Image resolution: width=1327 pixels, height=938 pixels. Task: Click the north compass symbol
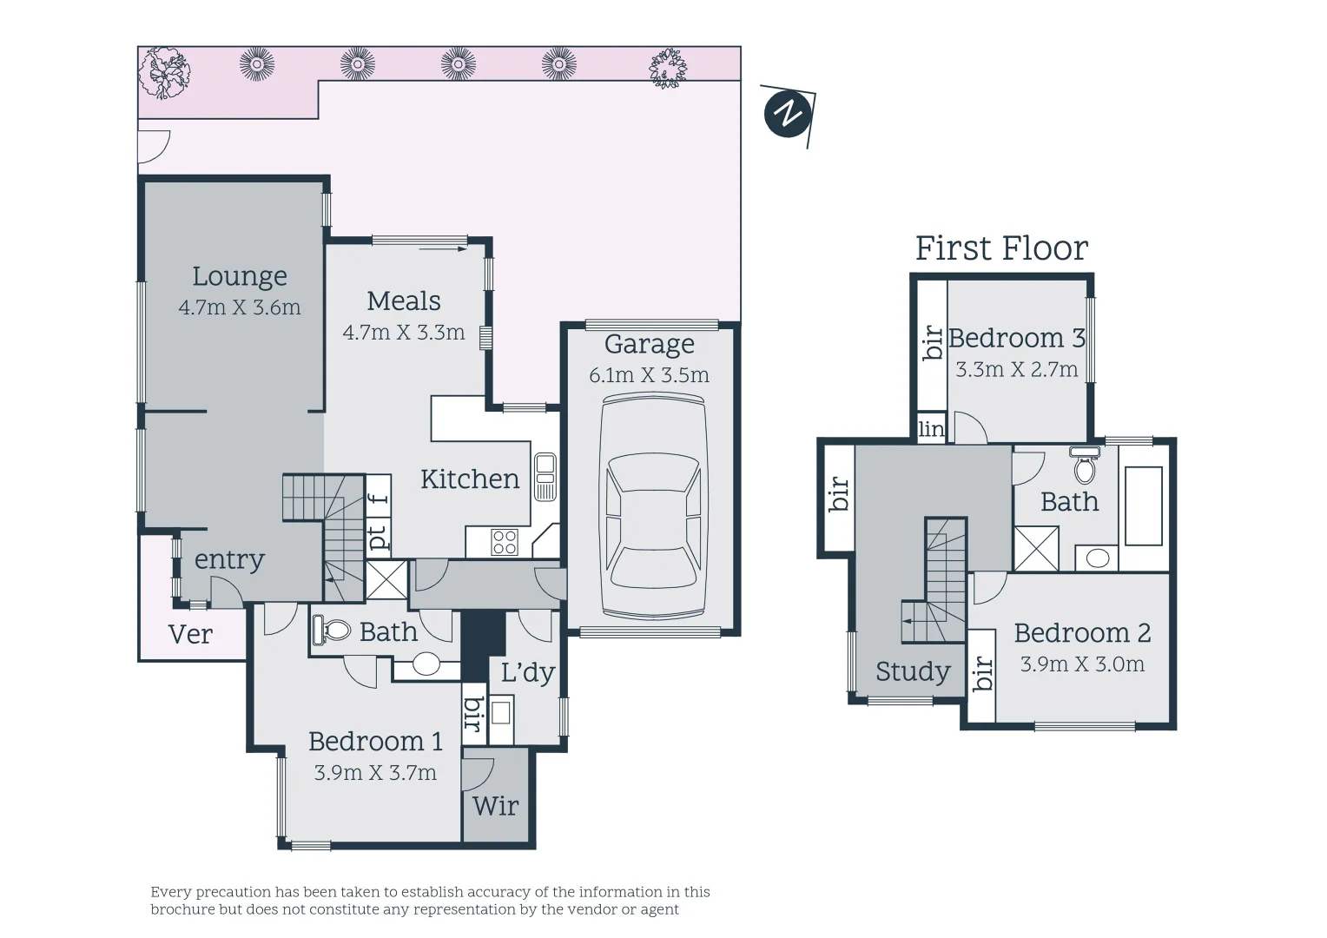point(788,115)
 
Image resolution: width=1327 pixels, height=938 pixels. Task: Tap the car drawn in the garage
point(653,507)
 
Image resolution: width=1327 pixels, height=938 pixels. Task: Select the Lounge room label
point(240,276)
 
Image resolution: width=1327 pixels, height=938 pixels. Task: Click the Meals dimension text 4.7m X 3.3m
point(404,332)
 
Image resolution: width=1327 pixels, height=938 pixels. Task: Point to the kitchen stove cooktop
point(505,542)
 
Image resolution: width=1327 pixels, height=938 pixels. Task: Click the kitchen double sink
point(545,477)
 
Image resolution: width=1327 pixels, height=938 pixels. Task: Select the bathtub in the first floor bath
point(1144,506)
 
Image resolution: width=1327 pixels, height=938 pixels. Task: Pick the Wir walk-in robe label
point(495,806)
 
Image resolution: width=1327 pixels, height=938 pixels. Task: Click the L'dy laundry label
point(528,672)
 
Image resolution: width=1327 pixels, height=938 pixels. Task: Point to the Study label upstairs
point(913,671)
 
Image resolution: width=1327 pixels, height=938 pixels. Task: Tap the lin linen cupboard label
point(931,428)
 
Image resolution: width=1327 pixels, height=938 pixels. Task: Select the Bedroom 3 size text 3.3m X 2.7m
point(1017,369)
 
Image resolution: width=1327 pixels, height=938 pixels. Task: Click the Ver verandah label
point(190,635)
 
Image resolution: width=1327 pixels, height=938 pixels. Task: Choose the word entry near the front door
point(229,560)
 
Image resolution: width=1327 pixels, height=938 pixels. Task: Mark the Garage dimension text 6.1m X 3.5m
point(649,374)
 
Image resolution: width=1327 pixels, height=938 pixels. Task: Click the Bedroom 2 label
point(1082,633)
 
